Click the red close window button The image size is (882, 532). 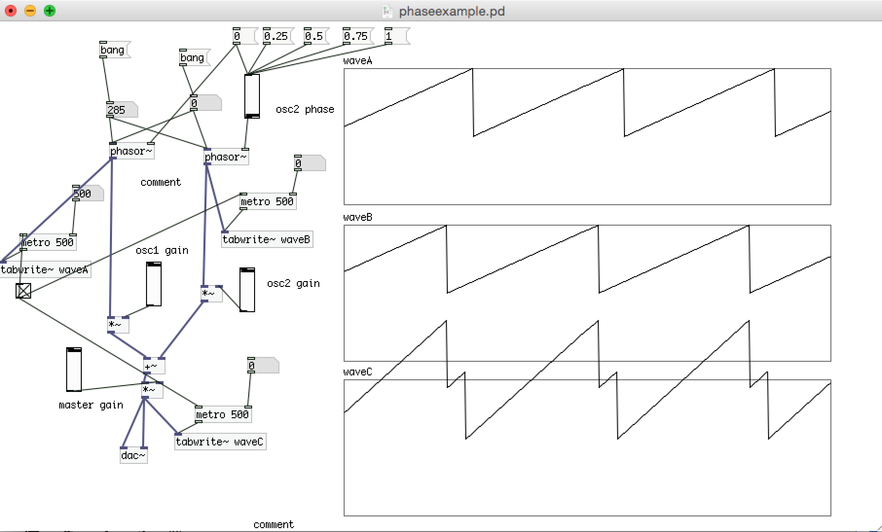pyautogui.click(x=11, y=10)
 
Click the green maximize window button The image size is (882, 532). pyautogui.click(x=49, y=10)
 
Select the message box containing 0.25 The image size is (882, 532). pyautogui.click(x=276, y=36)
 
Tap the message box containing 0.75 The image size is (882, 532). pyautogui.click(x=356, y=36)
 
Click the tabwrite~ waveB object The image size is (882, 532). pyautogui.click(x=266, y=239)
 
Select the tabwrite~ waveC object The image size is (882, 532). pyautogui.click(x=220, y=442)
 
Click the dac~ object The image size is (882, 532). pyautogui.click(x=133, y=456)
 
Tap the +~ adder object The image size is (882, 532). pyautogui.click(x=153, y=366)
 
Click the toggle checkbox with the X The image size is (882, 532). pyautogui.click(x=23, y=291)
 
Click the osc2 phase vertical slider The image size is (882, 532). pyautogui.click(x=252, y=96)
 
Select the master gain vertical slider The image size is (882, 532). pyautogui.click(x=73, y=370)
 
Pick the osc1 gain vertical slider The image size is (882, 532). pyautogui.click(x=153, y=284)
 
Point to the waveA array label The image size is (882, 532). pyautogui.click(x=357, y=61)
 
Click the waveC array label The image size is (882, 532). pyautogui.click(x=357, y=372)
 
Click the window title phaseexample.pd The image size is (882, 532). pyautogui.click(x=451, y=11)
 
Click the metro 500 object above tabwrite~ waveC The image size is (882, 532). pyautogui.click(x=222, y=414)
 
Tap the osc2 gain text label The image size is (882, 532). pyautogui.click(x=293, y=284)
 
